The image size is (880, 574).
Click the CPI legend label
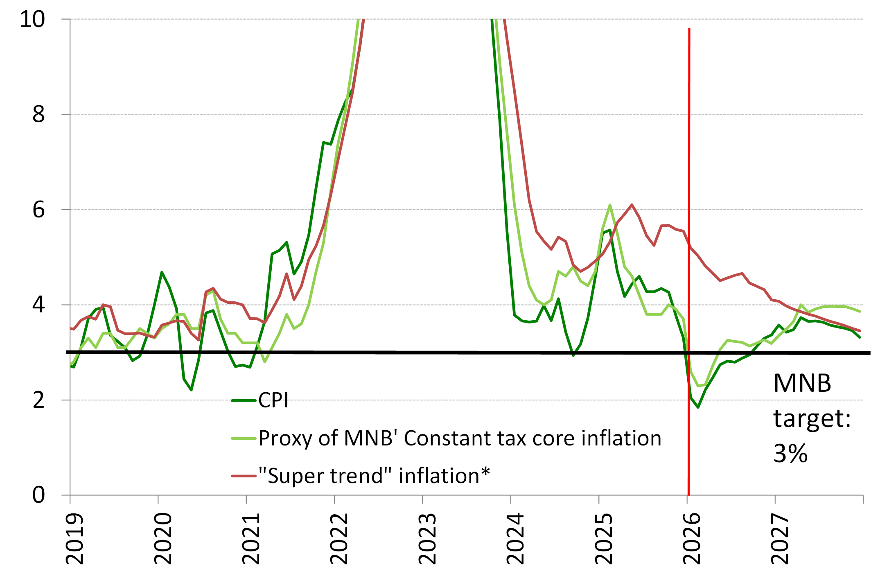(x=273, y=400)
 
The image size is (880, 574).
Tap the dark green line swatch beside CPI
(x=244, y=400)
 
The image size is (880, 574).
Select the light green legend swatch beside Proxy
(x=244, y=438)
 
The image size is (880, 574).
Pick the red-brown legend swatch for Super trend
(x=244, y=476)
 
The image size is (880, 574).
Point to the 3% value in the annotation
(x=790, y=454)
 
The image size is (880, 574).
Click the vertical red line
(x=689, y=164)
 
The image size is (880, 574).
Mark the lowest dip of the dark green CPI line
(x=698, y=407)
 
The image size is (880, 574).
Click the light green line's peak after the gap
(x=610, y=205)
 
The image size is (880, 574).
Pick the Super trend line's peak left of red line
(x=632, y=205)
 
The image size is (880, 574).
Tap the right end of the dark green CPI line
(x=860, y=337)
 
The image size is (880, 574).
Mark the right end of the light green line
(x=860, y=312)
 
